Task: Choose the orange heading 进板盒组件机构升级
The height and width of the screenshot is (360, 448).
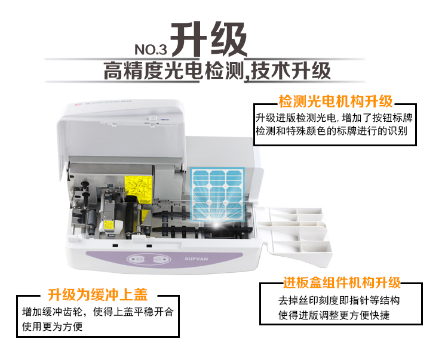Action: [x=342, y=282]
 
